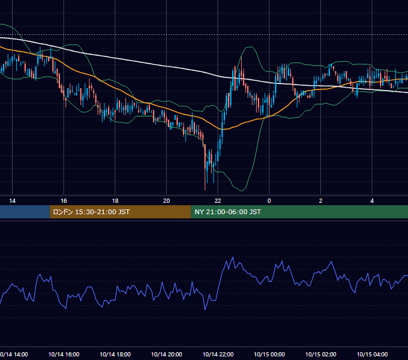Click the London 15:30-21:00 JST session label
click(91, 212)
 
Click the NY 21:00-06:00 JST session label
click(227, 212)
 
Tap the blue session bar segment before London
click(25, 212)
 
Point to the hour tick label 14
click(12, 201)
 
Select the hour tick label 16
click(64, 201)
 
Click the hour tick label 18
click(115, 201)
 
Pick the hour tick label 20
click(167, 201)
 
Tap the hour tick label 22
click(218, 201)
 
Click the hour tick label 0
click(269, 201)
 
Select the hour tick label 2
click(320, 201)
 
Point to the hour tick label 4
click(372, 201)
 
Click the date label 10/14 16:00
click(64, 355)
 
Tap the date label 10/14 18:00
click(115, 355)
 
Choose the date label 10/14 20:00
click(167, 355)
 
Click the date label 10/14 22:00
click(218, 355)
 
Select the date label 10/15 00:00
click(269, 355)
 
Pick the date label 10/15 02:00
click(320, 355)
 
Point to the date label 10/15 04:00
click(372, 355)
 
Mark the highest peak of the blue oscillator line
click(233, 257)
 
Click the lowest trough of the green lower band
click(241, 191)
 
